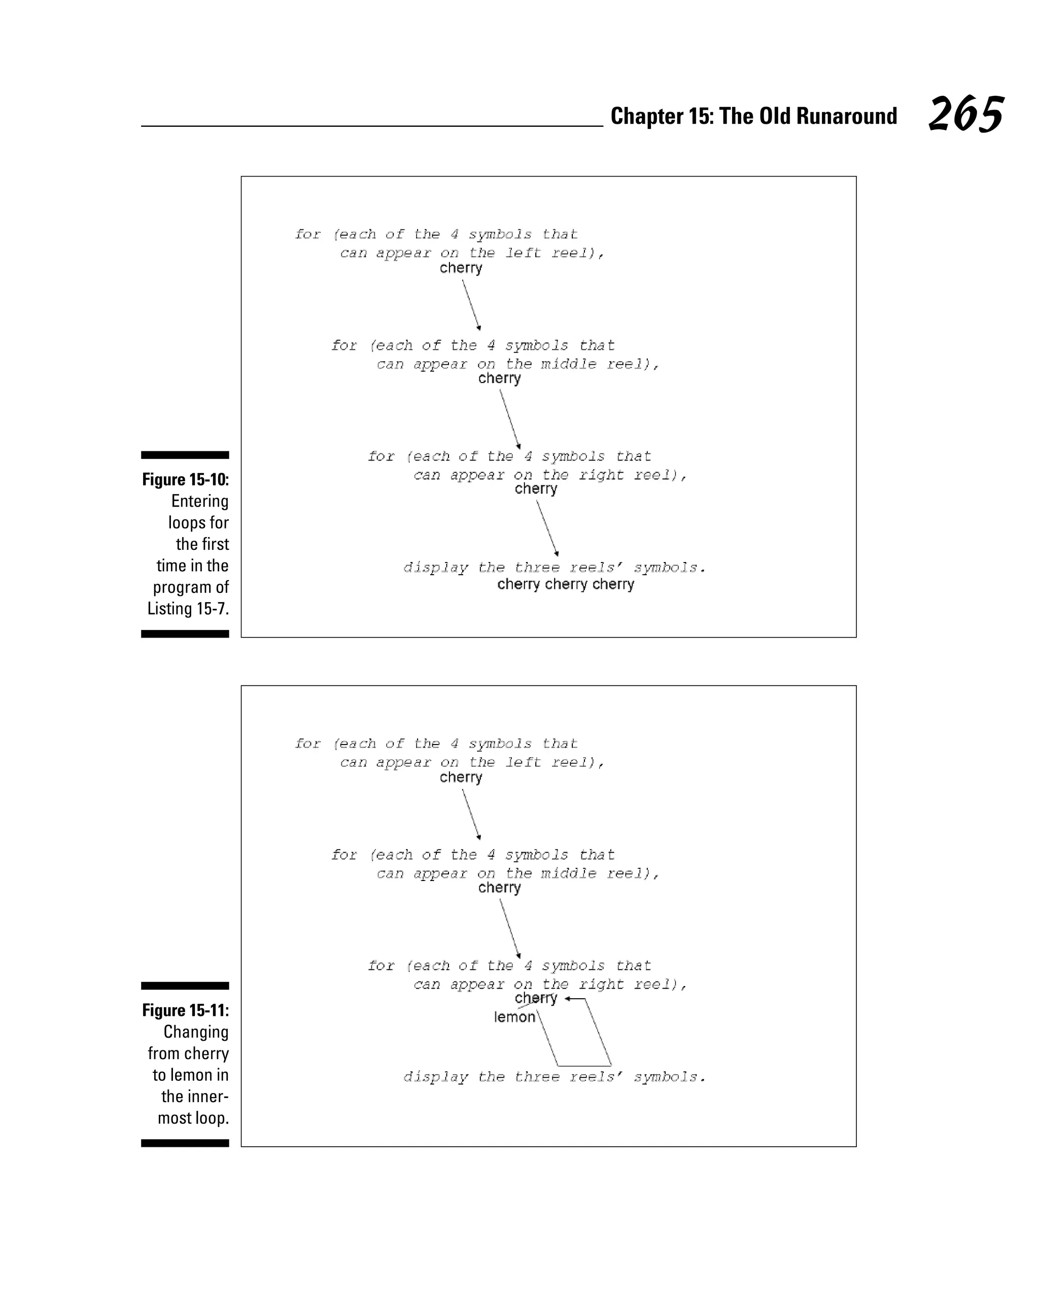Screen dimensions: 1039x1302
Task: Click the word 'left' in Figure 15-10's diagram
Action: tap(523, 253)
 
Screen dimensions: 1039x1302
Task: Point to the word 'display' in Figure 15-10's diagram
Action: tap(435, 568)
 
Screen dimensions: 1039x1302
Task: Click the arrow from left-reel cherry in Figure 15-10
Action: tap(471, 304)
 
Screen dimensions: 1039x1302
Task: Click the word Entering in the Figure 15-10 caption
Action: tap(199, 501)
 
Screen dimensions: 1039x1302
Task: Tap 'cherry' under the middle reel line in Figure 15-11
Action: tap(499, 888)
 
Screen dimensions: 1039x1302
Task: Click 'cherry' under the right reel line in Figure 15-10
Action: tap(536, 488)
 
